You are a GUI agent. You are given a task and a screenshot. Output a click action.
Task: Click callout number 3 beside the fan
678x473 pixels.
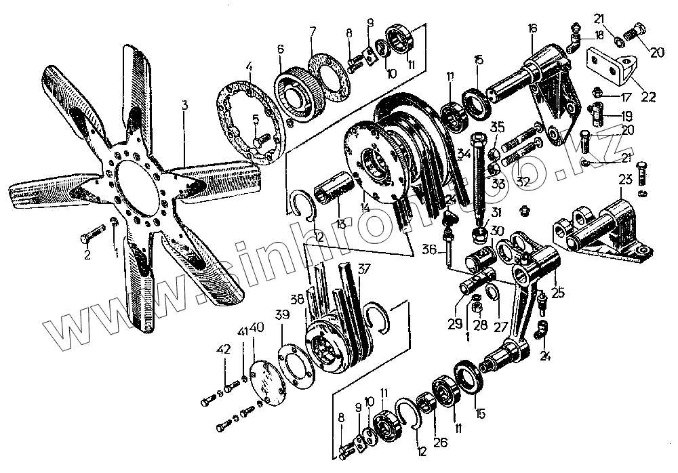click(x=184, y=105)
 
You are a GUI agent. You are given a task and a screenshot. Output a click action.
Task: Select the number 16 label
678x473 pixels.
click(x=532, y=28)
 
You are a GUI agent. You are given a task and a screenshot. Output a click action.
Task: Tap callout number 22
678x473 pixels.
click(x=648, y=97)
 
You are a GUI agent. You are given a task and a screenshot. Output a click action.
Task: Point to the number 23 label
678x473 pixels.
click(x=625, y=180)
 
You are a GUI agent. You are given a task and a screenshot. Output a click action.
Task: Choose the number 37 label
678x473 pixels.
click(x=364, y=268)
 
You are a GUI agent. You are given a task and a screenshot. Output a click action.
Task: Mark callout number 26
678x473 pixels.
click(x=441, y=444)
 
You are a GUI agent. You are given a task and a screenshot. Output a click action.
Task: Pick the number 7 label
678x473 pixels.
click(x=313, y=31)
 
